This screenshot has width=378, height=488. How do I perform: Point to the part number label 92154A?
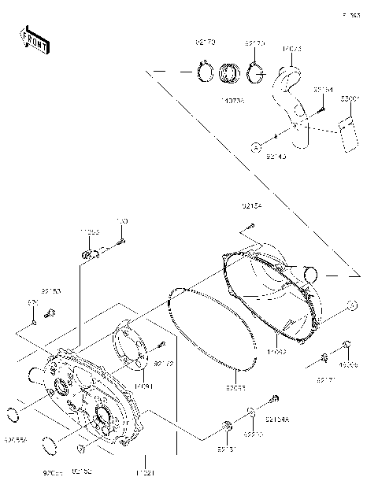coord(278,420)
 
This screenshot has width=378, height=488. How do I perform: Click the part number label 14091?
coord(143,386)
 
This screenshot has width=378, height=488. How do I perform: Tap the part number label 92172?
coord(163,364)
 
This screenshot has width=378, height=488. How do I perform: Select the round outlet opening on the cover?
coord(312,275)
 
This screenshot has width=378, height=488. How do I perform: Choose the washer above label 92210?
coord(250,412)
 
